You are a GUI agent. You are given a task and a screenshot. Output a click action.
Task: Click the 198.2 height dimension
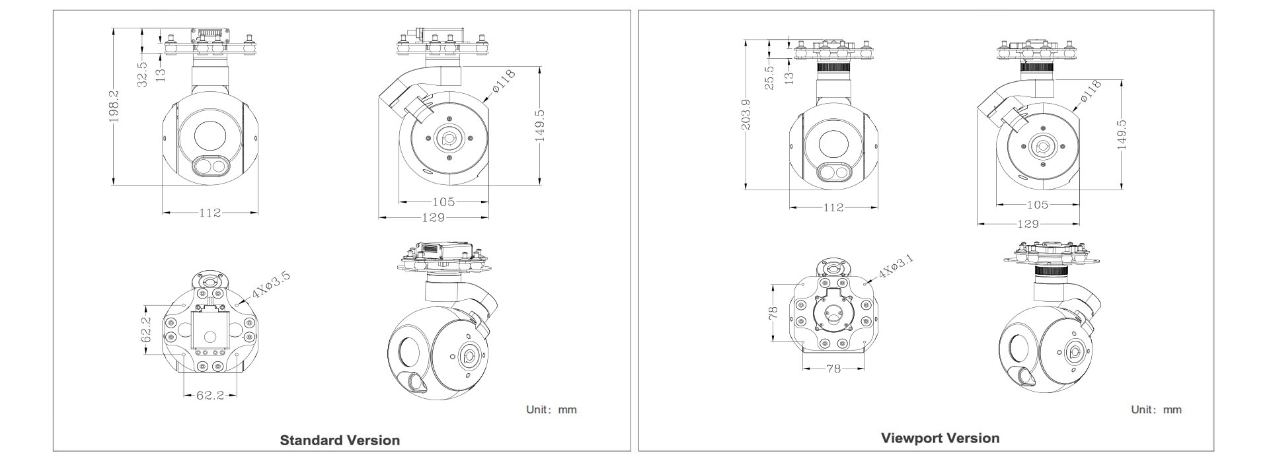pos(114,106)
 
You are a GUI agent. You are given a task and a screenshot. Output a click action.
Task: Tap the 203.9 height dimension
pos(746,114)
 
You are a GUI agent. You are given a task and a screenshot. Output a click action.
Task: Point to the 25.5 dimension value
pos(769,78)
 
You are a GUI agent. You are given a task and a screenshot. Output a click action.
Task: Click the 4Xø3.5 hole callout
pos(271,285)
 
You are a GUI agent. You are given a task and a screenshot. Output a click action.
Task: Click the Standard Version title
pos(340,441)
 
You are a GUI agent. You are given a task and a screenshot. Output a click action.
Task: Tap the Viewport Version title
pos(940,438)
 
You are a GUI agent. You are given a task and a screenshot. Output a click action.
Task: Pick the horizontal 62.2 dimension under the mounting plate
pos(210,396)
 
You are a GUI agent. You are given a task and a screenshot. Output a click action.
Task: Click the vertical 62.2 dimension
pos(147,330)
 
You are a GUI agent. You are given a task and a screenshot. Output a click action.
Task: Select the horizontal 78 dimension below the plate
pos(833,369)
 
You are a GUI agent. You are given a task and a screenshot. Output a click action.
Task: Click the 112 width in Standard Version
pos(210,213)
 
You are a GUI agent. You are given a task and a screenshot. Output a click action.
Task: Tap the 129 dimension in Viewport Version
pos(1028,224)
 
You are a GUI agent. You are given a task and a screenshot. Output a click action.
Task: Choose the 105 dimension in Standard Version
pos(443,202)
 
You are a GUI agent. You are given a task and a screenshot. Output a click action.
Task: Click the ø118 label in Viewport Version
pos(1090,91)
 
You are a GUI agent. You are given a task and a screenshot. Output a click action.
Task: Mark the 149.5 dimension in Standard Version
pos(540,125)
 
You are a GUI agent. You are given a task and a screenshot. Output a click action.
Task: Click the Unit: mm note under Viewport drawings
pos(1156,409)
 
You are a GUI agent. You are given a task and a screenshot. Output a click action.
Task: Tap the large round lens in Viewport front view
pos(835,145)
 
